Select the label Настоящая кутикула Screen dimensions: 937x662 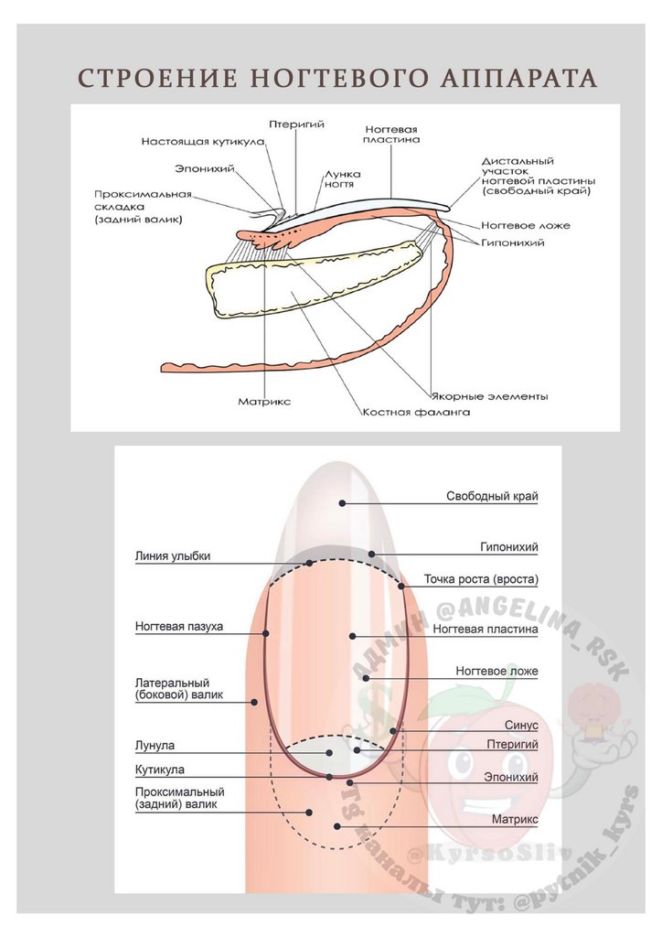(x=203, y=142)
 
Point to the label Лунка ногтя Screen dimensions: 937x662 (x=342, y=178)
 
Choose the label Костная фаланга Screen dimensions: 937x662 (x=416, y=413)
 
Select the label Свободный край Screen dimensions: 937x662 (x=492, y=497)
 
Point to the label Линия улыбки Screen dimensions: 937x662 (x=173, y=555)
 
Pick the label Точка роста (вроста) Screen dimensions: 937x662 (x=481, y=579)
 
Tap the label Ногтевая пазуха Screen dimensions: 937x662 (x=179, y=627)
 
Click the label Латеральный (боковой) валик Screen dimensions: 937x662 (x=173, y=689)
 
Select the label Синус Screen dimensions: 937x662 (x=521, y=725)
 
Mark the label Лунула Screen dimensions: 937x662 (x=155, y=746)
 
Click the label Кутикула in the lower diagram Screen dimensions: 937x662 (x=160, y=770)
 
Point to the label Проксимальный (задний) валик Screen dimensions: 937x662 (x=179, y=798)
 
